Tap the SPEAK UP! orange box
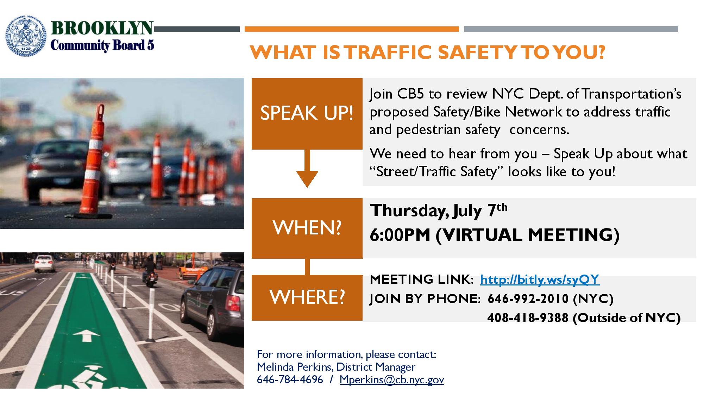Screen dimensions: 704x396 click(x=307, y=114)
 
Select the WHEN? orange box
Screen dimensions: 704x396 click(x=307, y=228)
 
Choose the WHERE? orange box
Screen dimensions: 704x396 click(x=307, y=297)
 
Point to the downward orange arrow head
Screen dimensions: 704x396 click(x=307, y=179)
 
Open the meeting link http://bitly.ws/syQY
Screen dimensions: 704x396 click(x=540, y=279)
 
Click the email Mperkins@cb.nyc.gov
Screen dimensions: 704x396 click(x=392, y=380)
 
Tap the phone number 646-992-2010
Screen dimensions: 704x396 click(x=528, y=298)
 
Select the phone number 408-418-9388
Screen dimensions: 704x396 click(x=528, y=318)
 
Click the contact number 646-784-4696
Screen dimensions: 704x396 click(x=290, y=379)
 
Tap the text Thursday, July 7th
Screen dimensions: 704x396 click(x=439, y=210)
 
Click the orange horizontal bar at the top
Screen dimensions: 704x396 click(x=352, y=29)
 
